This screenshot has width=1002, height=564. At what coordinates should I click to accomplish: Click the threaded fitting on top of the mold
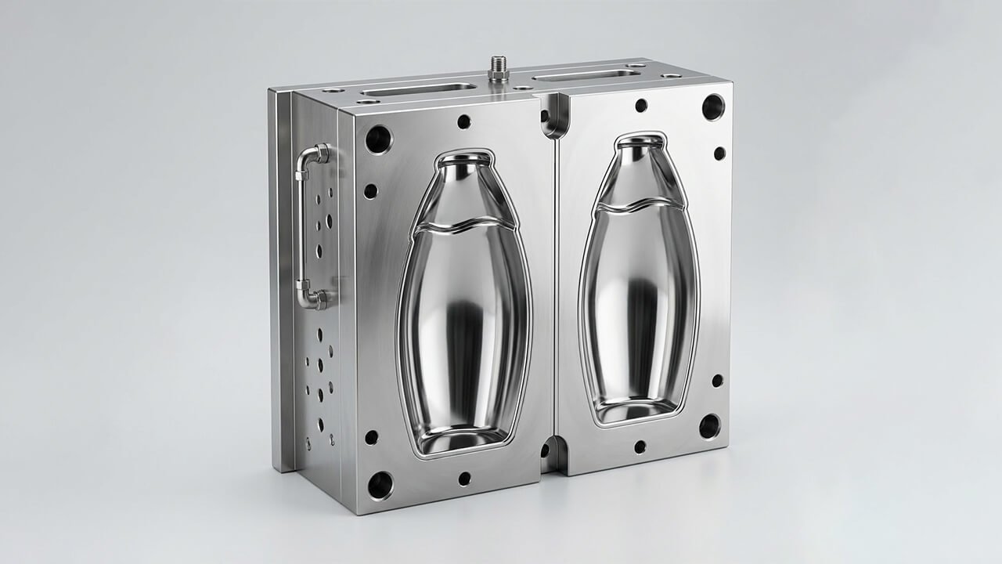coord(498,68)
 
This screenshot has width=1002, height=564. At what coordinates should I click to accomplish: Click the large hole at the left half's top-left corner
coord(378,139)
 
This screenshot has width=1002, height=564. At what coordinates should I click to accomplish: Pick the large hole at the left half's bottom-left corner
coord(380,485)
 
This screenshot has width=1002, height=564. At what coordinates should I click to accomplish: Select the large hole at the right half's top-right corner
coord(712,107)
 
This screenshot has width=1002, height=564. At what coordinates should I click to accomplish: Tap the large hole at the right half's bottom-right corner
coord(709,426)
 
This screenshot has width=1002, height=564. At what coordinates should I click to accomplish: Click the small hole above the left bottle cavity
coord(463,121)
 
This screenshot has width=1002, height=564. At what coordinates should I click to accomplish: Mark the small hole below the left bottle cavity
coord(464,477)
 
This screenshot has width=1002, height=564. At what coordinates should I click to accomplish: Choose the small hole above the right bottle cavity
coord(641,105)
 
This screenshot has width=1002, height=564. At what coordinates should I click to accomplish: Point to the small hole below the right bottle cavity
coord(640,446)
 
